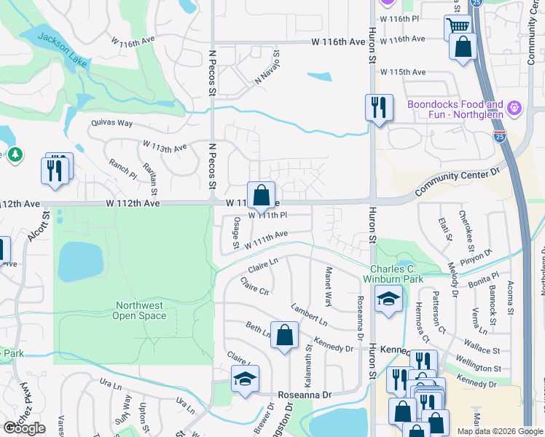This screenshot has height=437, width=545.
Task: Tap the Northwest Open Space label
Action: click(x=139, y=311)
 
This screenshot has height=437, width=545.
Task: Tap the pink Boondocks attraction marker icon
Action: click(x=515, y=108)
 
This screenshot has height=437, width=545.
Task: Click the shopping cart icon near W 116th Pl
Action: click(x=458, y=28)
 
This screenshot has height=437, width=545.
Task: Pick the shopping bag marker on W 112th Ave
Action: click(x=262, y=195)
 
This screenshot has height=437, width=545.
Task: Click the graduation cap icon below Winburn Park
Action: click(x=388, y=299)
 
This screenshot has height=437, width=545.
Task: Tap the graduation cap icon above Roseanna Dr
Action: click(x=246, y=379)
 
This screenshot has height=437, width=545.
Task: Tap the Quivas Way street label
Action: click(x=111, y=123)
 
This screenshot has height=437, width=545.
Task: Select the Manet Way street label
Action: click(x=328, y=286)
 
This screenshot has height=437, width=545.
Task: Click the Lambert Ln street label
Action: click(x=309, y=315)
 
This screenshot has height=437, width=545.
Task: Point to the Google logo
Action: click(x=24, y=428)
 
